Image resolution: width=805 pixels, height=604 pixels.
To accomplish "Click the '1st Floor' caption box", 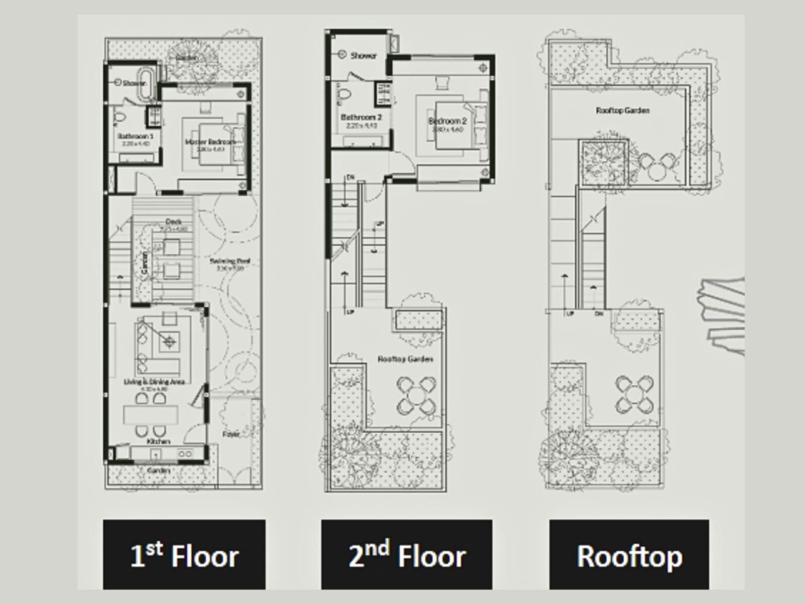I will pos(184,555).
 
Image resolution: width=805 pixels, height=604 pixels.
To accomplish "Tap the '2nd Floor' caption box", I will pos(407,555).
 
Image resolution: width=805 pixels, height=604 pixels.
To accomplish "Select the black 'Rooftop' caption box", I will pos(629,555).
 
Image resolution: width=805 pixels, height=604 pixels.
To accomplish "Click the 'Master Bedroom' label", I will pos(209,142).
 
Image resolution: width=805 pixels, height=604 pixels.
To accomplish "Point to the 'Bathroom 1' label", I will pos(135,136).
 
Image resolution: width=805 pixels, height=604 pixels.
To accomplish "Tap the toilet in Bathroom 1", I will pos(119,116).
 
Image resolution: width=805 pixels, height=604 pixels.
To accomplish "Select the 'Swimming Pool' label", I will pos(230,261).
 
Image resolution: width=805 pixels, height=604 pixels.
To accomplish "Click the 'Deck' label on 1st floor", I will pos(174,221).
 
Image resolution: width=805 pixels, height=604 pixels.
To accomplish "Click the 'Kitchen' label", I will pos(158,442).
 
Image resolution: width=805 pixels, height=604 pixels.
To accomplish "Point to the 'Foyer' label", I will pos(231,434).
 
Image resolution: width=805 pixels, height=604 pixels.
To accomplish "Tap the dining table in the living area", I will pos(151,414).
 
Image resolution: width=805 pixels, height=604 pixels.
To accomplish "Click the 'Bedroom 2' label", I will pos(447,121).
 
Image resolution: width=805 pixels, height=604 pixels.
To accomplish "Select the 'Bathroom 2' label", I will pos(361,117).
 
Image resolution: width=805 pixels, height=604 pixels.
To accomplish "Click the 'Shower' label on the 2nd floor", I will pos(364,56).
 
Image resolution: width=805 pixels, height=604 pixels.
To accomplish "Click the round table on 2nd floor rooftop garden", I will pos(416,394).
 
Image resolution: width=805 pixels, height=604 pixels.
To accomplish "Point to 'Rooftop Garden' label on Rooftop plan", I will pos(623,111).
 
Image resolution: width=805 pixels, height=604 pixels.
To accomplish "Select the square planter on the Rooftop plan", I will pos(602,162).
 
